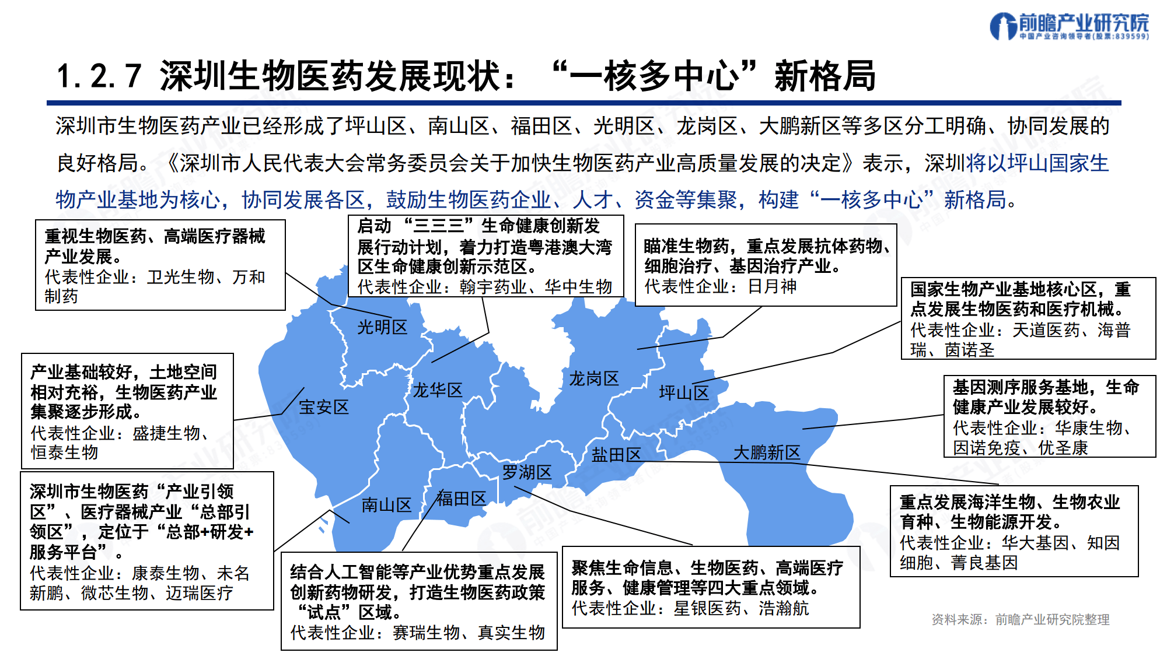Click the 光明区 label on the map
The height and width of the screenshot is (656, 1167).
tap(382, 327)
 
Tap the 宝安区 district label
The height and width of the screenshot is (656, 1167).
tap(324, 407)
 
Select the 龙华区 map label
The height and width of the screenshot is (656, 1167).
tap(438, 390)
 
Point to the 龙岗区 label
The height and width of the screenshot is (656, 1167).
tap(593, 378)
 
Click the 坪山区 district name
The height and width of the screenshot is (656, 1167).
tap(684, 392)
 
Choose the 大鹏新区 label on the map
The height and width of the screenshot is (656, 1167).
tap(767, 452)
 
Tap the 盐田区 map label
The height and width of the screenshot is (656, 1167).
tap(616, 455)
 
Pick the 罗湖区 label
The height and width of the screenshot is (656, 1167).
tap(527, 472)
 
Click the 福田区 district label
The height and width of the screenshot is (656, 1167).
tap(462, 499)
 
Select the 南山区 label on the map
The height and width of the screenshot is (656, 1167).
tap(386, 505)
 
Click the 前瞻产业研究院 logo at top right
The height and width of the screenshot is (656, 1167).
tap(1069, 26)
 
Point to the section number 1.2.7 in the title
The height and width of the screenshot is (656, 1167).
tap(99, 76)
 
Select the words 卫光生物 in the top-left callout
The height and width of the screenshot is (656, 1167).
tap(180, 277)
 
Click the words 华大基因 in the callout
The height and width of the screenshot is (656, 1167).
tap(1035, 543)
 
